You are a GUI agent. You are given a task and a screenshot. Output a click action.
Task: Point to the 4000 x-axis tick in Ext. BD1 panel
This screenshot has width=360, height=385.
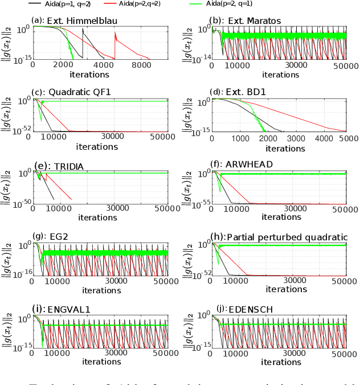click(x=323, y=137)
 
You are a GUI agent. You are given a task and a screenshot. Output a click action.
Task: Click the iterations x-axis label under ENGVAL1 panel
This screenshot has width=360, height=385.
click(x=97, y=362)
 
